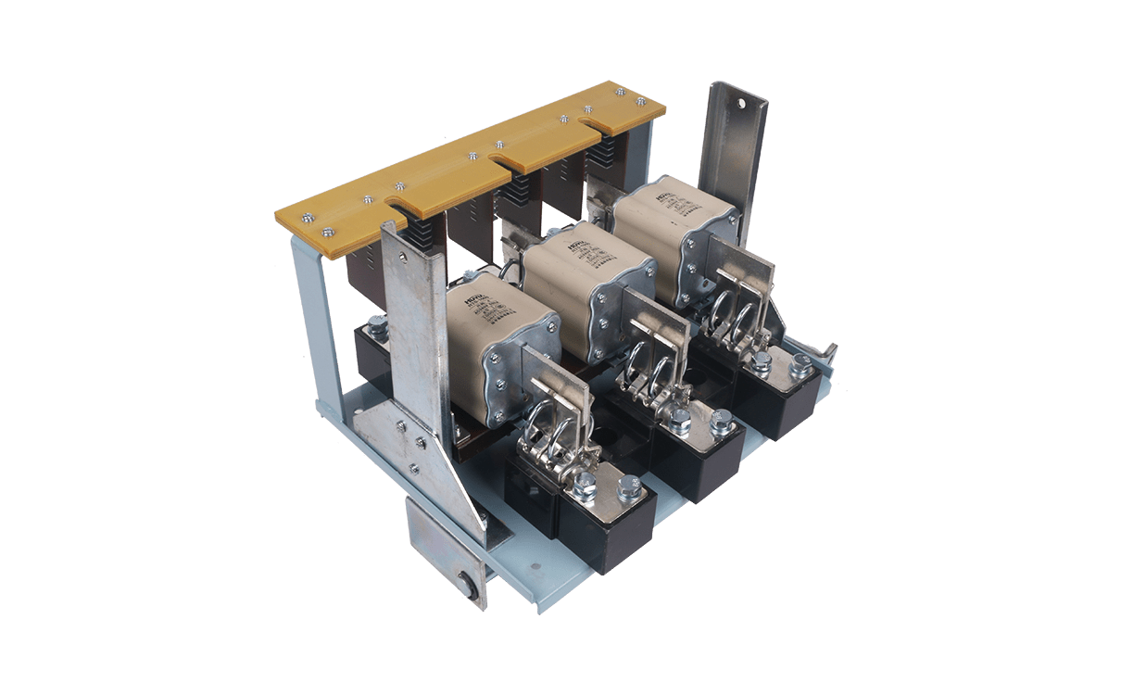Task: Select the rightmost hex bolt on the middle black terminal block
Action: point(721,420)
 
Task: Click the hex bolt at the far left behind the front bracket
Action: point(376,324)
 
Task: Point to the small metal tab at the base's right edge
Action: point(830,351)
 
